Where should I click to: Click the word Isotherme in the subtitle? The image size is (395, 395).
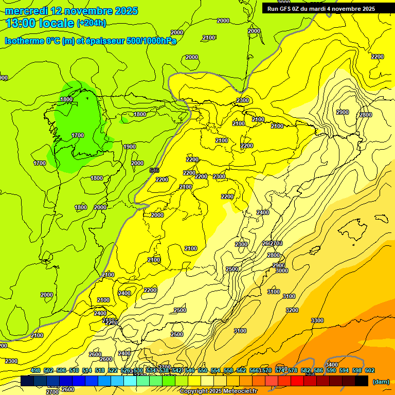tap(24, 41)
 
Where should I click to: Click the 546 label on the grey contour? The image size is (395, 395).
tap(154, 170)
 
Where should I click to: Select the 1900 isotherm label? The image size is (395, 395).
tap(130, 147)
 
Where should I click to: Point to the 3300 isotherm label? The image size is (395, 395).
tap(317, 320)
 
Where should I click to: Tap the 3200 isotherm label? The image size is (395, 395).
tap(292, 310)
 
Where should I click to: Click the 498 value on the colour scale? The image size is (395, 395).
tap(35, 370)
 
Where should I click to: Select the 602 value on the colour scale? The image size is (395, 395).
tap(370, 370)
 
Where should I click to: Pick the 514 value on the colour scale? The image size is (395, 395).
tap(87, 370)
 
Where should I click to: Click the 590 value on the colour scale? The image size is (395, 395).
tap(331, 370)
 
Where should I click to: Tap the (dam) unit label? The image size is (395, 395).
tap(380, 382)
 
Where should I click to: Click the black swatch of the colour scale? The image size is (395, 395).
tap(362, 381)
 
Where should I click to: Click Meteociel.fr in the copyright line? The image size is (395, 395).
tap(236, 391)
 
